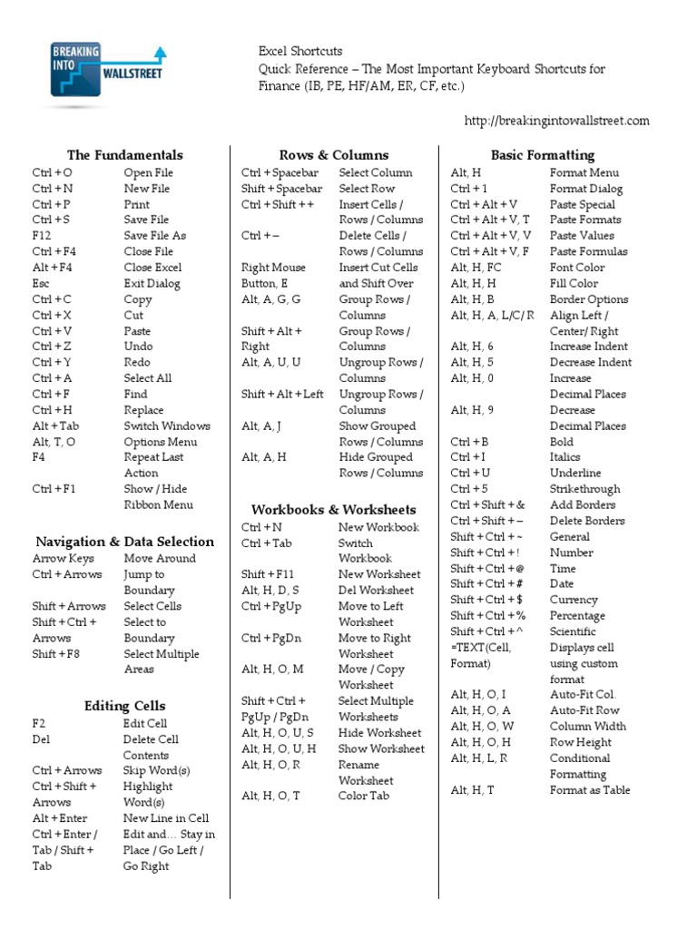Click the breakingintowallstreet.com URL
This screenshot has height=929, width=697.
click(x=556, y=121)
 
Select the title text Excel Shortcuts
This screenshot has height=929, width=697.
click(x=300, y=52)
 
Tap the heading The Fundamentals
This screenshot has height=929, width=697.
click(x=124, y=155)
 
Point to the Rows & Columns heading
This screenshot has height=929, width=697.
click(x=333, y=155)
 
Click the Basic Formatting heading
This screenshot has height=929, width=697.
click(x=543, y=155)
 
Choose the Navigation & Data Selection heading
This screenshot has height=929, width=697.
click(x=124, y=542)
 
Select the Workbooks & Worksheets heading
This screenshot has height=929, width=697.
click(x=333, y=510)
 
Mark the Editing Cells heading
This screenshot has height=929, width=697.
click(x=124, y=706)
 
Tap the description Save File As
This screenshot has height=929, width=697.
click(x=154, y=235)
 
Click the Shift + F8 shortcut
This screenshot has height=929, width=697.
click(x=54, y=654)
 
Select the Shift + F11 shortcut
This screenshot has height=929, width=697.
click(x=266, y=574)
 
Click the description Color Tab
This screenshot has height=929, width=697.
click(x=364, y=796)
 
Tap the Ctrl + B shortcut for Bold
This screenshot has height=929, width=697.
click(x=468, y=442)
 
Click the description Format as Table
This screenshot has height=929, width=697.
click(x=589, y=790)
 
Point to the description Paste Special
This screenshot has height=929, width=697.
click(x=582, y=204)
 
